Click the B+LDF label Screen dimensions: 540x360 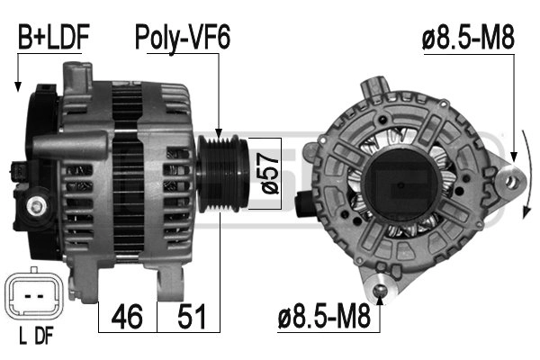pos(54,37)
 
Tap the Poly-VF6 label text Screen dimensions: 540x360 pos(183,38)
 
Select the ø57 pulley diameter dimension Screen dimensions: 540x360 pos(270,174)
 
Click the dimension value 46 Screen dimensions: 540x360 pos(127,317)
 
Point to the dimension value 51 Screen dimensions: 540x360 pos(192,317)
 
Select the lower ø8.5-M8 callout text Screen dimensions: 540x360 pos(324,317)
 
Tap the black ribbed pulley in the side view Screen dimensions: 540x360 pos(222,173)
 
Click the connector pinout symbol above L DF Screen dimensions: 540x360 pos(34,295)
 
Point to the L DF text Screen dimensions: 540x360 pos(36,337)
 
